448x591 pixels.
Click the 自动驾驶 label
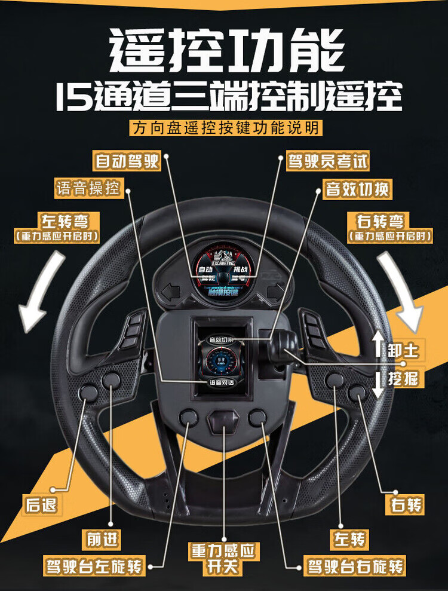point(127,161)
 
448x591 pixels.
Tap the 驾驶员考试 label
point(327,161)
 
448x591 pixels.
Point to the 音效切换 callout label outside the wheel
point(357,190)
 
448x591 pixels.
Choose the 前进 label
point(102,539)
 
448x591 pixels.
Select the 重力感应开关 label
point(223,558)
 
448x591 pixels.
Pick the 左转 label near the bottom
point(349,539)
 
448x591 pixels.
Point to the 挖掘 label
point(403,378)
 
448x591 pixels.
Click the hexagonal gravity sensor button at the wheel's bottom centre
point(223,421)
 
